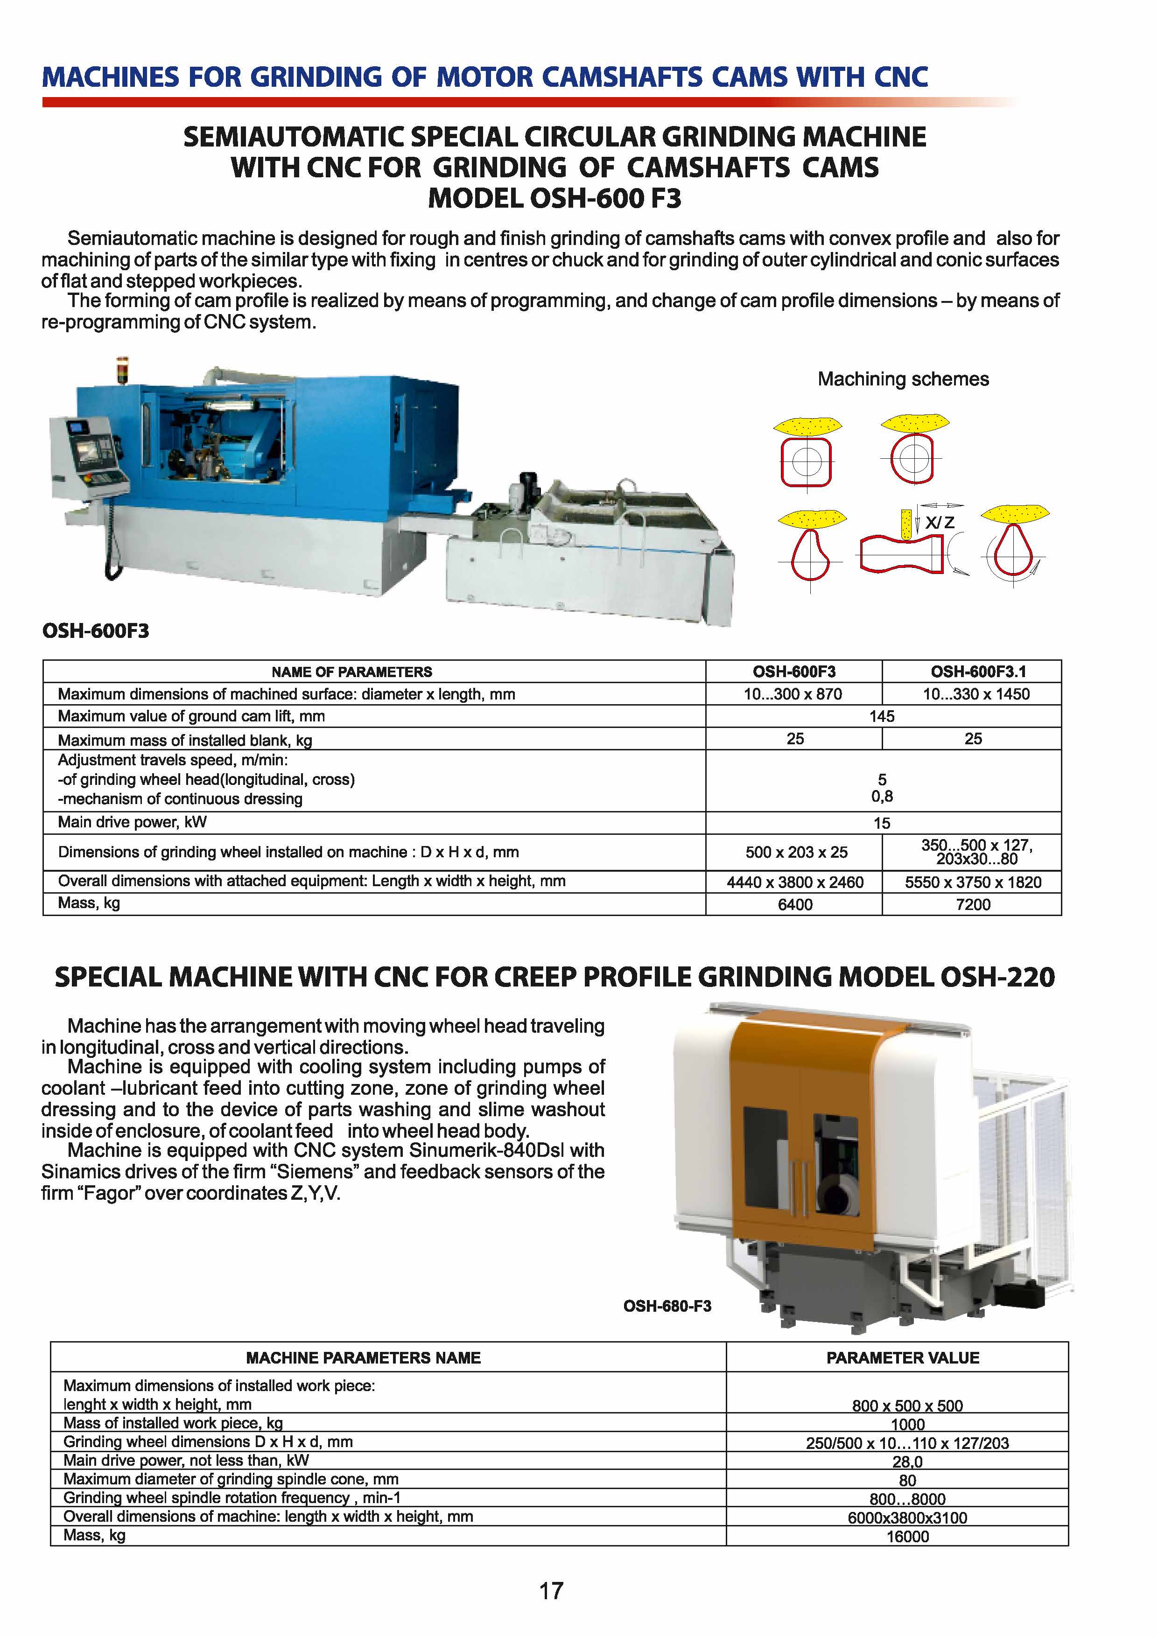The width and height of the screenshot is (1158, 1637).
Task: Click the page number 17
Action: pos(551,1591)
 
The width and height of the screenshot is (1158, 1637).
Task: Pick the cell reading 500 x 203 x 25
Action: pos(795,852)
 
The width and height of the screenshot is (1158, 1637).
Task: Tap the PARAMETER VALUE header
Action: pos(902,1357)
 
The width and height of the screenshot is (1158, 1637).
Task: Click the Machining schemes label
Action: pos(903,378)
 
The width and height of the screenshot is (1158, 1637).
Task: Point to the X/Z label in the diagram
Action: pos(940,523)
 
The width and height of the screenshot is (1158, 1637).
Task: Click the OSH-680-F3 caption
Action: pos(667,1306)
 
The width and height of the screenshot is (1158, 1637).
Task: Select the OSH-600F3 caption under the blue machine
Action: pos(96,631)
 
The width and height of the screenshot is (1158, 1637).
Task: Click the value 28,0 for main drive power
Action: pos(907,1462)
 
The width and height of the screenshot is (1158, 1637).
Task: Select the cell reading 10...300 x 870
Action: pos(792,694)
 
